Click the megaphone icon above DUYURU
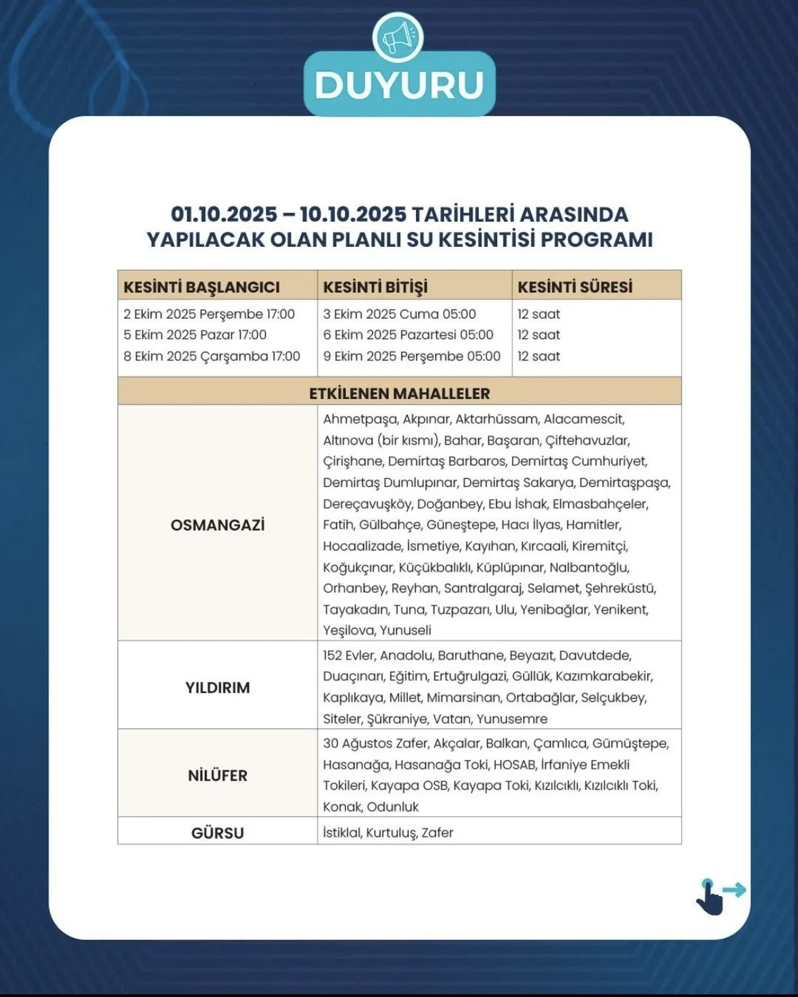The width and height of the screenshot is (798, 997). pos(398,37)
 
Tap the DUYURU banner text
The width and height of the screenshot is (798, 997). pos(399,85)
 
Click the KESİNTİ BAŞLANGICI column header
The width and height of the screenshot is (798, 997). pos(201,287)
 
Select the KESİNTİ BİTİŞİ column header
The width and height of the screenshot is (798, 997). pos(375,287)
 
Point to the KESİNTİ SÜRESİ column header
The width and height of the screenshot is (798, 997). pos(575,287)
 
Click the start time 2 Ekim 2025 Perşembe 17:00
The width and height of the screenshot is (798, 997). pos(209,314)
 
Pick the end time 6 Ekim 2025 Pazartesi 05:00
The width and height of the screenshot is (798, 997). pos(408,335)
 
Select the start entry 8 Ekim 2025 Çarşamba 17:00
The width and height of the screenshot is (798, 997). pos(211,356)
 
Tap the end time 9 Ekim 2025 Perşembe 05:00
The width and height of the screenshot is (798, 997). pos(411,356)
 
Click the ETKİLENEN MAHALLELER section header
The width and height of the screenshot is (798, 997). pos(399,393)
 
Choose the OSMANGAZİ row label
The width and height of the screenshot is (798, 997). pos(218,525)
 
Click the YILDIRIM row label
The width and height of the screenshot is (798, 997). pos(218,688)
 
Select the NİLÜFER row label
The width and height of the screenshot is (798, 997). pos(218,776)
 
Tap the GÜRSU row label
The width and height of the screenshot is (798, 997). pos(218,833)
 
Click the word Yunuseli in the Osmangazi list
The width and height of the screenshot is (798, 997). pos(405,630)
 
